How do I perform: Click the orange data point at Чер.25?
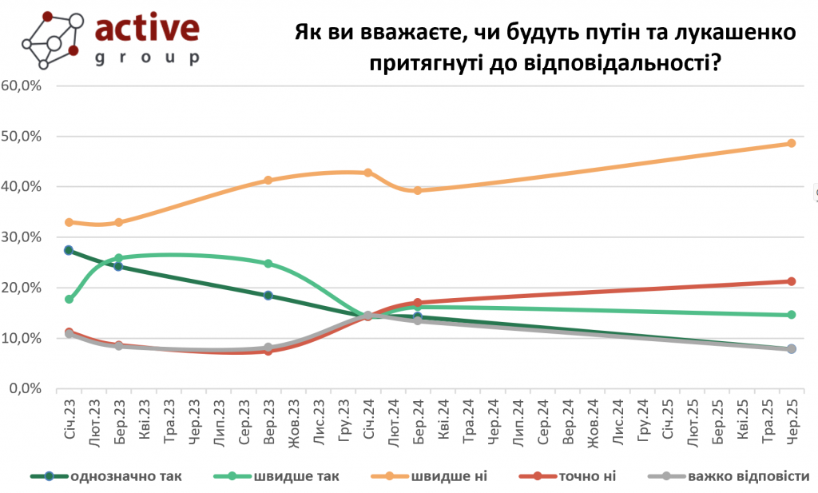pos(792,143)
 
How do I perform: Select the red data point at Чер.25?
pos(792,281)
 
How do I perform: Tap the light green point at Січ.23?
pos(69,299)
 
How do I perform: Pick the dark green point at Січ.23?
pos(69,250)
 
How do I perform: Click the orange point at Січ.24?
pos(368,173)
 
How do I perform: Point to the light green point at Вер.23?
pos(268,264)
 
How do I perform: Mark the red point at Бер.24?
pos(418,303)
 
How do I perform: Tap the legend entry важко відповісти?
pos(749,477)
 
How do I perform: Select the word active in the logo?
pos(147,28)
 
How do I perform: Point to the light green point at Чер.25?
pos(792,315)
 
